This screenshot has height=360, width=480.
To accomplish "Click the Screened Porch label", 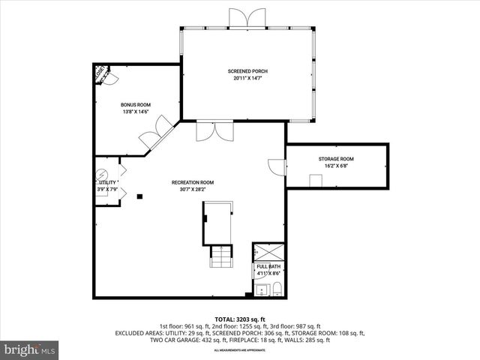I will tap(247, 71).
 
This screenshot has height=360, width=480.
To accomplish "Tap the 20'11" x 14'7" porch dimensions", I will tap(247, 78).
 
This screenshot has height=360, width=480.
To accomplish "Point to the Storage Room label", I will tap(336, 159).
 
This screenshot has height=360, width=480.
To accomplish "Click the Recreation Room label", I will tap(193, 182).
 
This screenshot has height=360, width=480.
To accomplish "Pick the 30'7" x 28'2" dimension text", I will tap(193, 189).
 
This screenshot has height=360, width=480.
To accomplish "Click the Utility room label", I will tap(107, 183).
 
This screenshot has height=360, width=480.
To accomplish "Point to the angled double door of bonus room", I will tap(151, 137).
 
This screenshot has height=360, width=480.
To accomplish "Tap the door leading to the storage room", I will tap(277, 166).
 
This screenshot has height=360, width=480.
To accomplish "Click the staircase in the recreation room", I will tap(221, 256).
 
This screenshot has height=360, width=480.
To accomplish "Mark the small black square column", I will tap(139, 196).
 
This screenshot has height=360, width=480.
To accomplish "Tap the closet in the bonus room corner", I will tap(100, 73).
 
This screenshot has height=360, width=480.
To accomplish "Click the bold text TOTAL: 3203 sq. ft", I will tap(239, 319).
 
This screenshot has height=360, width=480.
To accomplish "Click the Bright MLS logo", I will tap(29, 349).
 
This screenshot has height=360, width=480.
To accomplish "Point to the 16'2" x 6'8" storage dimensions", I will tap(336, 166).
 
